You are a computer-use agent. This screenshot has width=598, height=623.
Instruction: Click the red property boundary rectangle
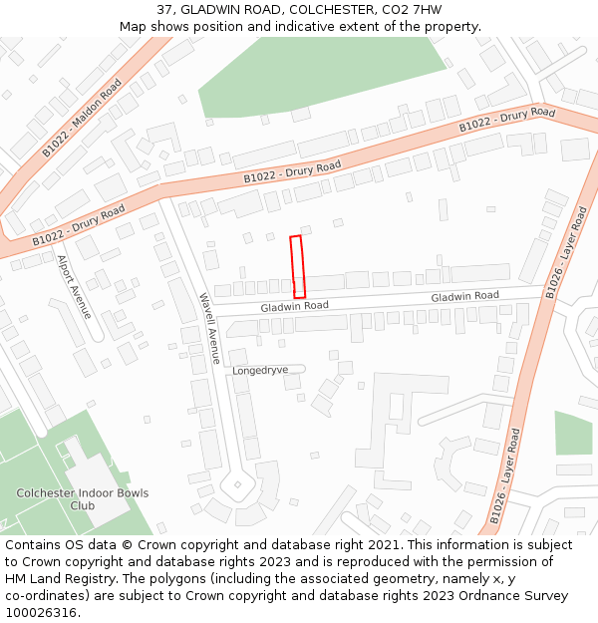[297, 266]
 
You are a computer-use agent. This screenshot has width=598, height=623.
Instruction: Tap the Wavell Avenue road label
[208, 327]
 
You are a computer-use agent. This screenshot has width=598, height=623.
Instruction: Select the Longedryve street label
[260, 370]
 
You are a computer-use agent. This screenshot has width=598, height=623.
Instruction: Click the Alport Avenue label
[74, 287]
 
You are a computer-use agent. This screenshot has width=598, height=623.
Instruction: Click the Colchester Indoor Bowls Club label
[82, 499]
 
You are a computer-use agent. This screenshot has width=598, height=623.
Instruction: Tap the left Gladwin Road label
[294, 307]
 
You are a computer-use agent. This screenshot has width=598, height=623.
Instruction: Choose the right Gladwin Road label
[464, 296]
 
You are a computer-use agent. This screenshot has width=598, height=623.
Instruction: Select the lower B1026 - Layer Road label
[505, 475]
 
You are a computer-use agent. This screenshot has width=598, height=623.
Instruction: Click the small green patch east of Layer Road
[573, 433]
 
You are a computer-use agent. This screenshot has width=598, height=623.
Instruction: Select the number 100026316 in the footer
[40, 613]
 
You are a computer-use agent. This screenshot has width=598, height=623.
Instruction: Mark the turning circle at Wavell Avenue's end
[237, 487]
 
